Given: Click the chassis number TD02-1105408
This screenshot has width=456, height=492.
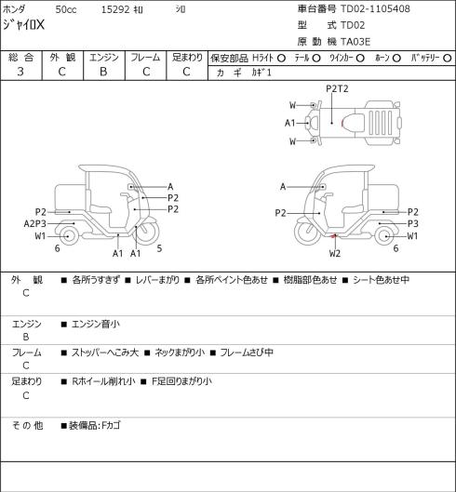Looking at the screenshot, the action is pos(375,8).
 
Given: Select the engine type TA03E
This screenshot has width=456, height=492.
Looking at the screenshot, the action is pos(355,42).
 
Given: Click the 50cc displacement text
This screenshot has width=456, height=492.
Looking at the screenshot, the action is pos(66,9).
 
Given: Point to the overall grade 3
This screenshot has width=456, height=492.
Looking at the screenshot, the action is pos(20,72).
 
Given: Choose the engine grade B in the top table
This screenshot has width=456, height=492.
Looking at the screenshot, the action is pos(103,72).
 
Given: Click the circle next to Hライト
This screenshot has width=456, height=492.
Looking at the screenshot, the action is pos(281,58).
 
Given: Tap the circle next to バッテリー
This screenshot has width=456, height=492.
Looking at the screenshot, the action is pos(448,58).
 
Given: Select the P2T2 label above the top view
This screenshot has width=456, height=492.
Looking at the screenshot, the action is pos(337,88).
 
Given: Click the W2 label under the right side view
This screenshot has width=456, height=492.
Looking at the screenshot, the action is pos(335,253).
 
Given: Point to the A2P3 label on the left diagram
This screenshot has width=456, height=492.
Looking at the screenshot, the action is pos(34,224).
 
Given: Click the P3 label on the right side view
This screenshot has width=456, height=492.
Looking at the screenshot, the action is pos(412,224).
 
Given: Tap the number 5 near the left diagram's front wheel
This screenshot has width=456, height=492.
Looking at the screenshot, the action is pos(159,248).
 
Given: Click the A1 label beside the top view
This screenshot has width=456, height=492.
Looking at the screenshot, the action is pos(289,123).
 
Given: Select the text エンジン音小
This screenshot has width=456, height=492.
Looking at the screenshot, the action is pos(96,324).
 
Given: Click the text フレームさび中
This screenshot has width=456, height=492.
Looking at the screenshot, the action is pos(247,352).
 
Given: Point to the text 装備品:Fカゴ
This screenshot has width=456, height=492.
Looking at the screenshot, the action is pos(95,425).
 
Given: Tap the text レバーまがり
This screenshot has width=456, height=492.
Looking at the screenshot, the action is pos(157,280).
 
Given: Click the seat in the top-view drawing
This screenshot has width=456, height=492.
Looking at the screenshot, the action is pos(354,123).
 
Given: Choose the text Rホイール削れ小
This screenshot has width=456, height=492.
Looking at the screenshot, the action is pos(103,381).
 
